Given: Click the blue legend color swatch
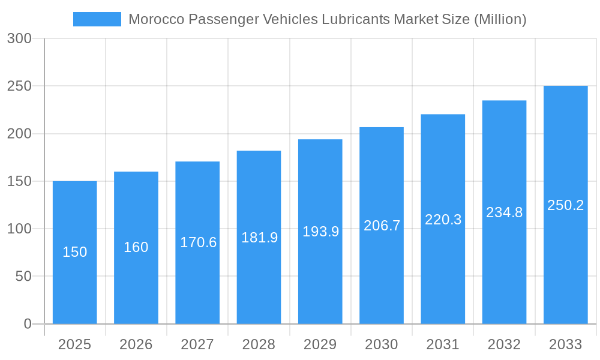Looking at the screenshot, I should (x=97, y=19).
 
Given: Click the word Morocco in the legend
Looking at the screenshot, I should (x=156, y=19).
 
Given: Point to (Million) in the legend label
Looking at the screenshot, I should (x=500, y=19).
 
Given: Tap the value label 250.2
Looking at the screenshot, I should (x=565, y=205).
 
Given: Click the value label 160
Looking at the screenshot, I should (x=136, y=247).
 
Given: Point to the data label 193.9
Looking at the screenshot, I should (x=320, y=232).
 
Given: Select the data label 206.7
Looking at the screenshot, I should (x=382, y=226).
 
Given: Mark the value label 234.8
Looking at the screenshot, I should (x=504, y=212).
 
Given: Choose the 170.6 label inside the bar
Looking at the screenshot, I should (x=198, y=242).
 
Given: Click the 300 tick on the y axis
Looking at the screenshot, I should (x=28, y=38).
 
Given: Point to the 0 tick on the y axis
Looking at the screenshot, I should (x=28, y=324).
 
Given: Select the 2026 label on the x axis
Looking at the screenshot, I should (x=136, y=344).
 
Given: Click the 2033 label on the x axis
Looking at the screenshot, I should (x=565, y=344).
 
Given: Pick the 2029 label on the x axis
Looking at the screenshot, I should (x=320, y=344).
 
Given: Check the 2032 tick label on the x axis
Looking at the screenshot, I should (x=504, y=344).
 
